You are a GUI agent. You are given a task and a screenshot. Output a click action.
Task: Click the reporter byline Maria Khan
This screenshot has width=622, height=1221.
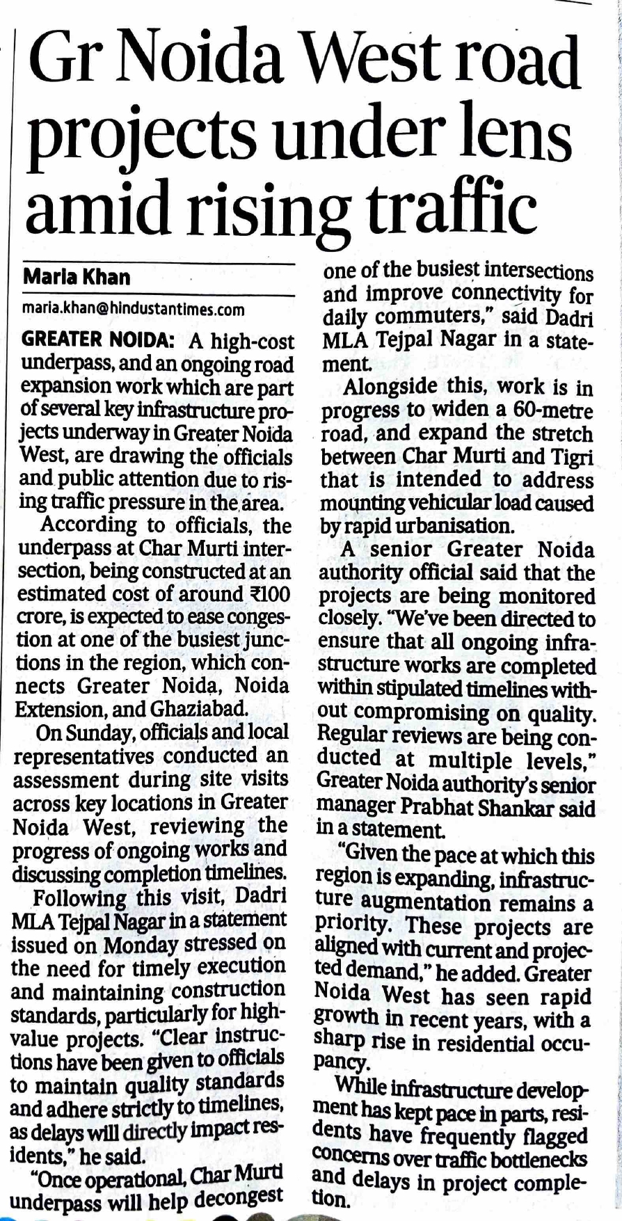click(77, 277)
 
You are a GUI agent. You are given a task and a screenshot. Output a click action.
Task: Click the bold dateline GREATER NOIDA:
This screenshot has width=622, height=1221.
click(97, 340)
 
